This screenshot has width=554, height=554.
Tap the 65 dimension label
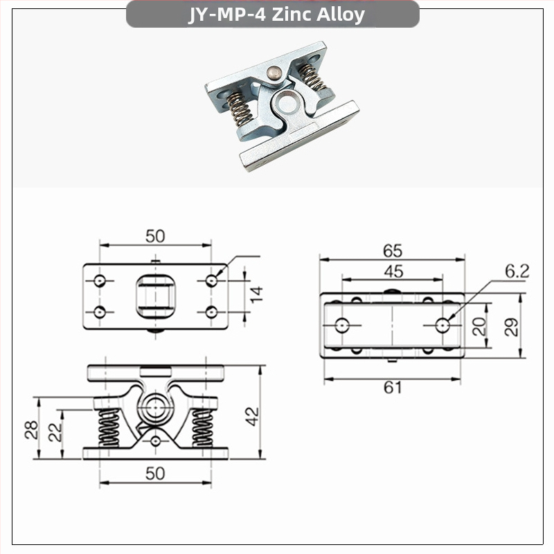coord(392,251)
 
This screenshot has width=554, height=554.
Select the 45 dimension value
coord(392,271)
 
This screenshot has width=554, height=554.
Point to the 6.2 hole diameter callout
coord(516,271)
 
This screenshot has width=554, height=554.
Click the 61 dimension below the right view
coord(393,388)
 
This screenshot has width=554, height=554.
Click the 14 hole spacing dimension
coord(256,294)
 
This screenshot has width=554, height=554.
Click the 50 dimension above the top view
coord(155,235)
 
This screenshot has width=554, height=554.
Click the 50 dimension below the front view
coord(155,473)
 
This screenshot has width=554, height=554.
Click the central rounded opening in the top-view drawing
coord(155,295)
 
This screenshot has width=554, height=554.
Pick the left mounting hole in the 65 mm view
coord(342,324)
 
